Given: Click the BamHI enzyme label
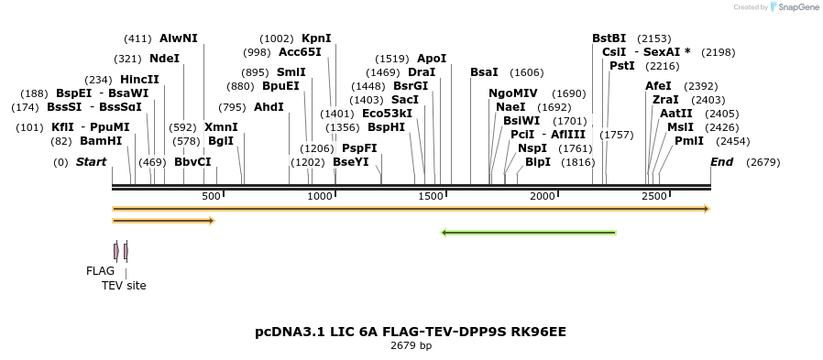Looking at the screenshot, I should (x=100, y=141).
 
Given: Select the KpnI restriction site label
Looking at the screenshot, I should (x=316, y=38).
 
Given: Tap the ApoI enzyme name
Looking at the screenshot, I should (x=432, y=59).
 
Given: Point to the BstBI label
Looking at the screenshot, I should (x=609, y=38).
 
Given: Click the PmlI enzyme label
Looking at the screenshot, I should (x=689, y=141).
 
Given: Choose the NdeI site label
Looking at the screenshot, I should (x=164, y=59).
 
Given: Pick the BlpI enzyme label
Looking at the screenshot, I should (x=538, y=162).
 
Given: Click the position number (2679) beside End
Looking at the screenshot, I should (x=763, y=162).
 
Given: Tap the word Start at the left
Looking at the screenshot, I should (x=91, y=162).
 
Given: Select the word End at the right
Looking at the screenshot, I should (x=721, y=162).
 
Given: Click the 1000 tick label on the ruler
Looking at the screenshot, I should (x=320, y=197).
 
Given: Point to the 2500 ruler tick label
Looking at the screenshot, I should (x=653, y=197).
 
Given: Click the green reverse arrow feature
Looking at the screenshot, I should (x=528, y=233).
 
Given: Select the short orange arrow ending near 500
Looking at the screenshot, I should (x=163, y=221).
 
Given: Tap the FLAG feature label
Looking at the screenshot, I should (x=100, y=271).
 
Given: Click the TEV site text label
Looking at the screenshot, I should (x=124, y=286).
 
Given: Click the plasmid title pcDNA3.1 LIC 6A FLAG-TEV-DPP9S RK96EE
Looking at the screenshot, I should (x=411, y=331).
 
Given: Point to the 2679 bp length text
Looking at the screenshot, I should (x=411, y=345).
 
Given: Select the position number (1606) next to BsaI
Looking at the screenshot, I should (x=526, y=72).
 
